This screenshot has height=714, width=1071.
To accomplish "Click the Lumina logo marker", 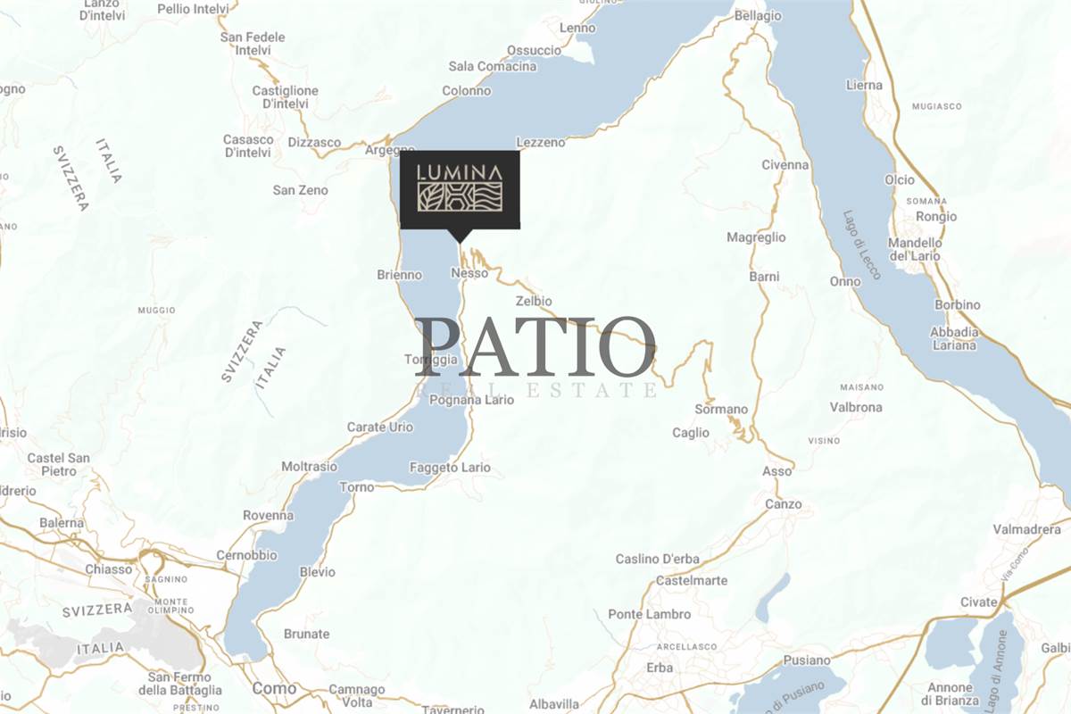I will click(x=460, y=190).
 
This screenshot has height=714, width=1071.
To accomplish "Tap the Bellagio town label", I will click(x=758, y=15).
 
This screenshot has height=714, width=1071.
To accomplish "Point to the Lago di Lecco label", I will click(x=861, y=245).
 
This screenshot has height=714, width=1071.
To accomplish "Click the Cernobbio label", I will click(x=246, y=555).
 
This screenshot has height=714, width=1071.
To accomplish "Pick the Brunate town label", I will click(x=306, y=634).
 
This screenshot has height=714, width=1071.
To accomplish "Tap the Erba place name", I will click(x=660, y=668).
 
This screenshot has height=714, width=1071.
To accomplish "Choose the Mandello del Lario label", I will click(x=915, y=249).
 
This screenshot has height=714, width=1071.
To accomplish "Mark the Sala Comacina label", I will click(x=493, y=67).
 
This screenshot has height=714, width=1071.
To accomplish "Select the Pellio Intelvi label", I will click(x=193, y=9).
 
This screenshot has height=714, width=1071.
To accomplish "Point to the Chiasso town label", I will click(x=108, y=569).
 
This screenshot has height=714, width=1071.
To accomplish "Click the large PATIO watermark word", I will click(x=535, y=348).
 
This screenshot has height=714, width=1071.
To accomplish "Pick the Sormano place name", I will click(x=721, y=409).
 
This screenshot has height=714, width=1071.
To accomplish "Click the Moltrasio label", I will click(x=309, y=466).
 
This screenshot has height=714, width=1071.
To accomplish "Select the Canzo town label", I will click(x=784, y=504).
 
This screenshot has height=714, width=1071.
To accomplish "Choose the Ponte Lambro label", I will click(x=649, y=614).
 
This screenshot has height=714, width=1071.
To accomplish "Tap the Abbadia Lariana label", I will click(x=954, y=338).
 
